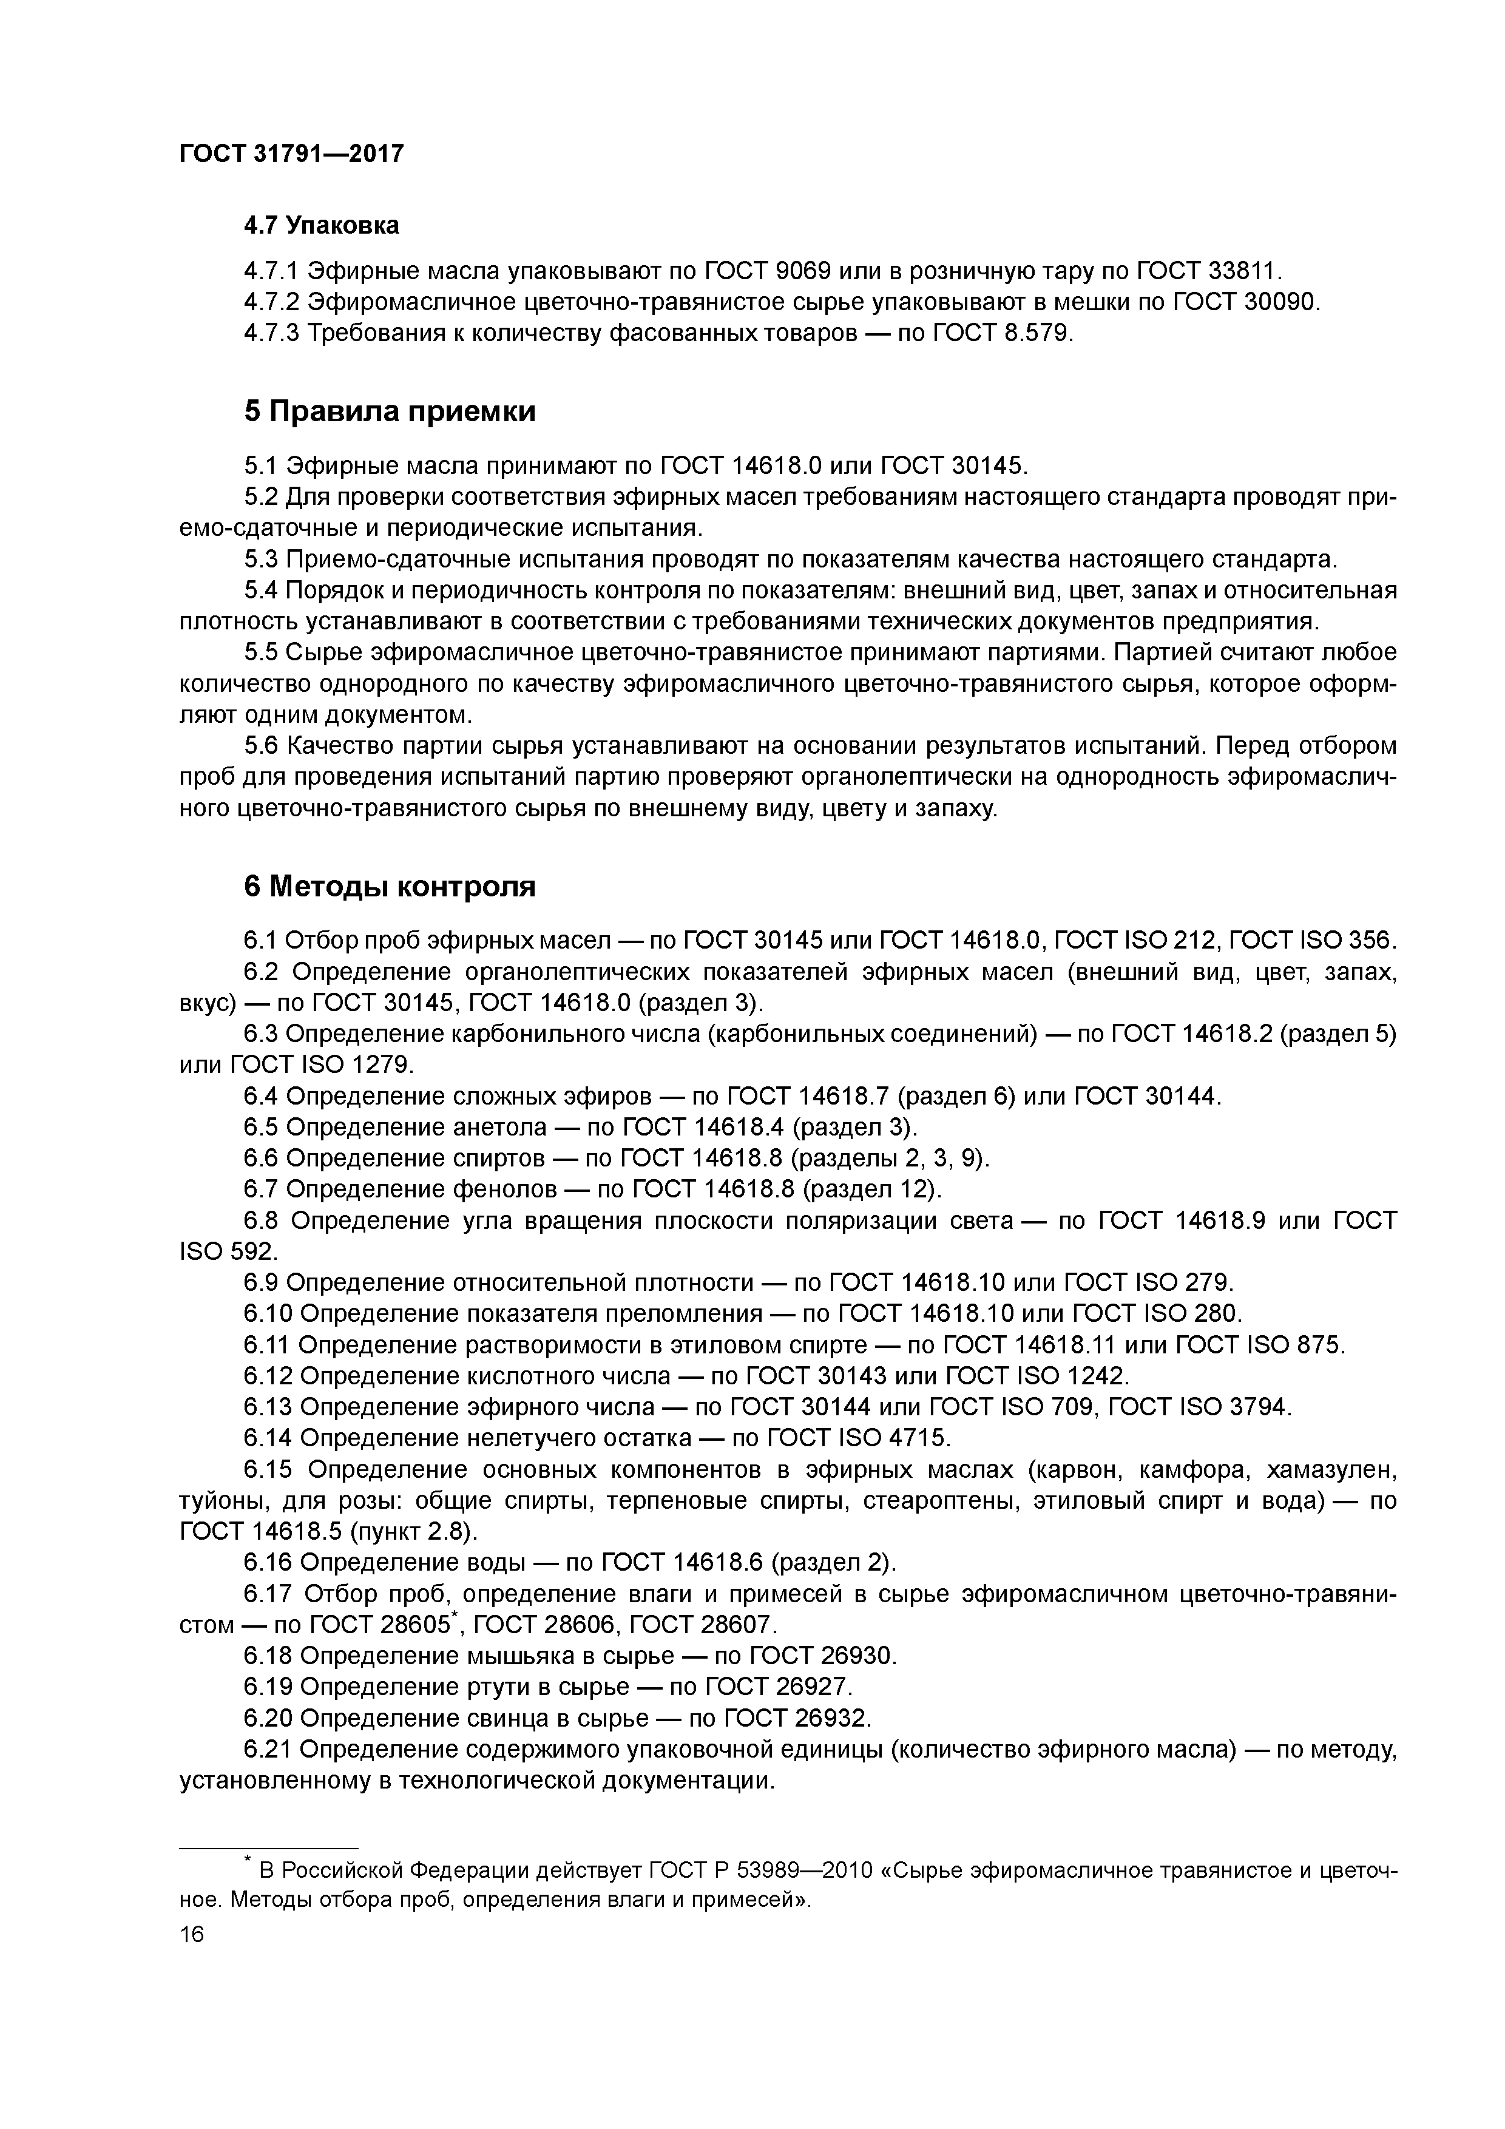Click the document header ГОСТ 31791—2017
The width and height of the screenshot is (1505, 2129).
[291, 154]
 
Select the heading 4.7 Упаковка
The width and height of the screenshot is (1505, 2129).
[321, 225]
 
